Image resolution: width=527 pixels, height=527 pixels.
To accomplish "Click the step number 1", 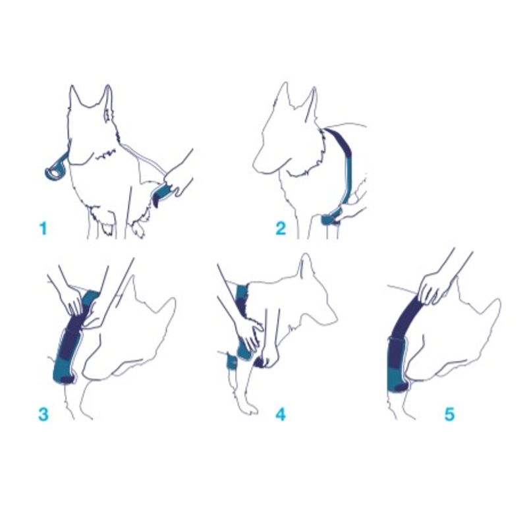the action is (x=43, y=229).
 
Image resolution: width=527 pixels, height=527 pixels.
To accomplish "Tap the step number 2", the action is (x=281, y=229).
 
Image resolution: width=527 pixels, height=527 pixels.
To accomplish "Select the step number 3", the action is (x=43, y=414).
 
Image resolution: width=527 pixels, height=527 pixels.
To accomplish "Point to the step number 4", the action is (x=281, y=414).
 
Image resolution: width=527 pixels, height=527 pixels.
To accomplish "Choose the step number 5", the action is (x=450, y=414).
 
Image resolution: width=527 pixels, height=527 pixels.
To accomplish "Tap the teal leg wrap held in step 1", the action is (x=163, y=193).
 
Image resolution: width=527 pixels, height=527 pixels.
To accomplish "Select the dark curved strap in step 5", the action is (x=403, y=319).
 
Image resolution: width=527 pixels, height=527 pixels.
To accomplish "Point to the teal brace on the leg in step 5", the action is (x=399, y=366).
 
